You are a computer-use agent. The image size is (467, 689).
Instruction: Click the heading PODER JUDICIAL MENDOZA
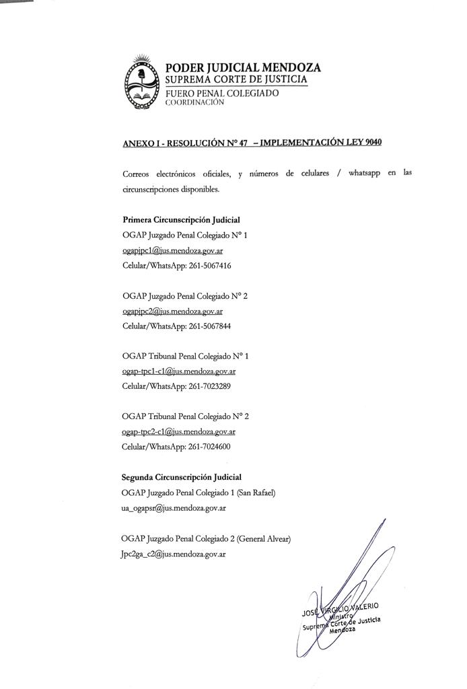coord(243,67)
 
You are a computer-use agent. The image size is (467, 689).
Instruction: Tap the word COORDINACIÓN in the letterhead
coord(194,103)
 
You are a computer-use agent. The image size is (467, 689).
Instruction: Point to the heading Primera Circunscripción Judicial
coord(181,220)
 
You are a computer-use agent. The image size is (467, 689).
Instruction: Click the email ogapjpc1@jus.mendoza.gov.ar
coord(173,250)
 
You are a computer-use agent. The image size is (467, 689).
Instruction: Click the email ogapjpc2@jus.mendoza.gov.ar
coord(173,311)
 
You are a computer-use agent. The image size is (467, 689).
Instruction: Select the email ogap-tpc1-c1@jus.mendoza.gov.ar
coord(179,371)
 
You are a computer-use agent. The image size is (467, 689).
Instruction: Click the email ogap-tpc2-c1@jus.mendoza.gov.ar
coord(179,431)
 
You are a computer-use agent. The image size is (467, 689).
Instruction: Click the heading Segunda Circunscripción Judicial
coord(181,477)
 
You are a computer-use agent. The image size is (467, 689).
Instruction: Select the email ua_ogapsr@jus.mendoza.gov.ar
coord(173,508)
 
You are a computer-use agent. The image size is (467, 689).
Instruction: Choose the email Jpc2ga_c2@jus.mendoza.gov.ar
coord(173,554)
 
